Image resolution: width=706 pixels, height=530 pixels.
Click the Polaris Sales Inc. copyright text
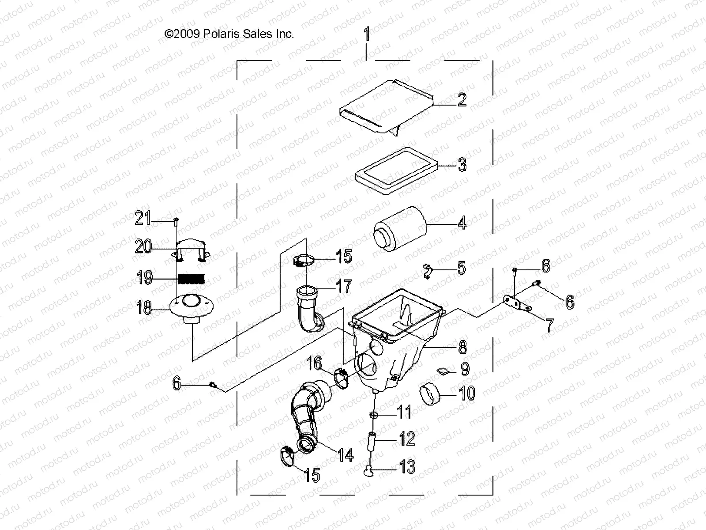(229, 34)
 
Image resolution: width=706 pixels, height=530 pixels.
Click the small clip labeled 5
(428, 270)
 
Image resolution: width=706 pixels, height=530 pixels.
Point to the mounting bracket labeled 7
(517, 303)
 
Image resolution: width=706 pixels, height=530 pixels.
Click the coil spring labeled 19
(192, 279)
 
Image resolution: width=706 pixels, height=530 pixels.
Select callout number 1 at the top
(366, 34)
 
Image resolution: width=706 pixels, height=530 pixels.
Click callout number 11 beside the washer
(404, 412)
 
